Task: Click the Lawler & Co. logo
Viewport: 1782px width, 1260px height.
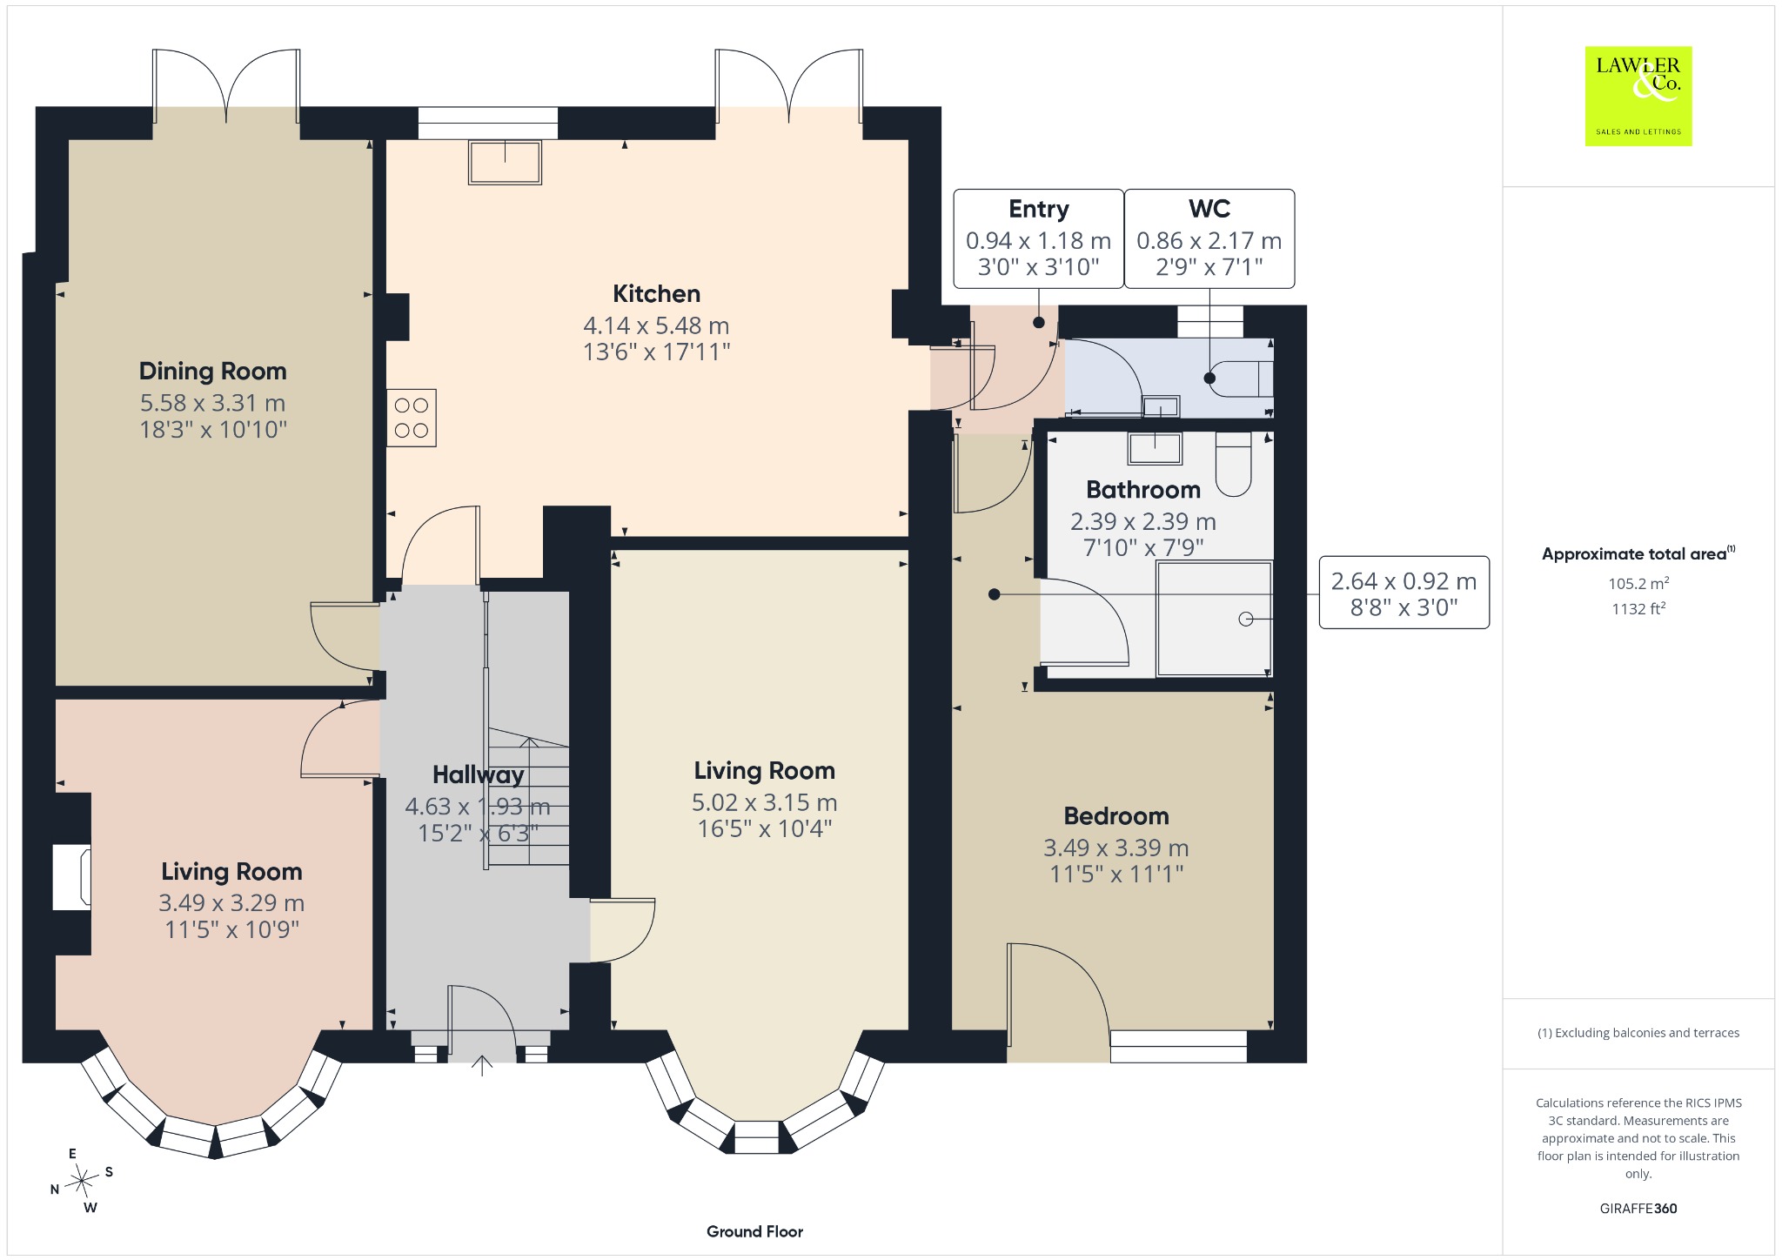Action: pos(1638,96)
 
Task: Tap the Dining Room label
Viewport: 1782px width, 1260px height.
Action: pos(213,372)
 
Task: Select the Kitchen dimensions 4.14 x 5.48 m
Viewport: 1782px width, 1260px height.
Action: pos(656,325)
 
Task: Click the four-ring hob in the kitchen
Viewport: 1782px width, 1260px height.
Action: pos(412,418)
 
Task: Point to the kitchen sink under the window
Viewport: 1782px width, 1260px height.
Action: pos(505,162)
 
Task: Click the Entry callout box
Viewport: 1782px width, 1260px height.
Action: pos(1038,238)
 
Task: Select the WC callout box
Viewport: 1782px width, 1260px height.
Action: pos(1209,238)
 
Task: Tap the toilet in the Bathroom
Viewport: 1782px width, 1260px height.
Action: pos(1233,464)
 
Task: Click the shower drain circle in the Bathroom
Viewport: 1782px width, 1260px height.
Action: pos(1245,619)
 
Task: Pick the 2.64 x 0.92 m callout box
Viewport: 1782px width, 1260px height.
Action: pos(1403,593)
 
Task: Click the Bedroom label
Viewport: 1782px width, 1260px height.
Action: pos(1116,816)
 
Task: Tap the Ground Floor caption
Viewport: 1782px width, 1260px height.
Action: pos(754,1231)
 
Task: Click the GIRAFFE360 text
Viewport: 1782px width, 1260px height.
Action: pos(1638,1208)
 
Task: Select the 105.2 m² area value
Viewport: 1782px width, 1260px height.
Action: pos(1638,583)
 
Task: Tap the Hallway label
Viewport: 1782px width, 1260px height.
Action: pos(479,774)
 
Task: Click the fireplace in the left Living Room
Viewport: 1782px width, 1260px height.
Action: pos(71,876)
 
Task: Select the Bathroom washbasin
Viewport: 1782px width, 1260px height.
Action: pos(1155,448)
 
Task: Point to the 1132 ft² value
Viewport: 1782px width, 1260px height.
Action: pos(1638,608)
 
